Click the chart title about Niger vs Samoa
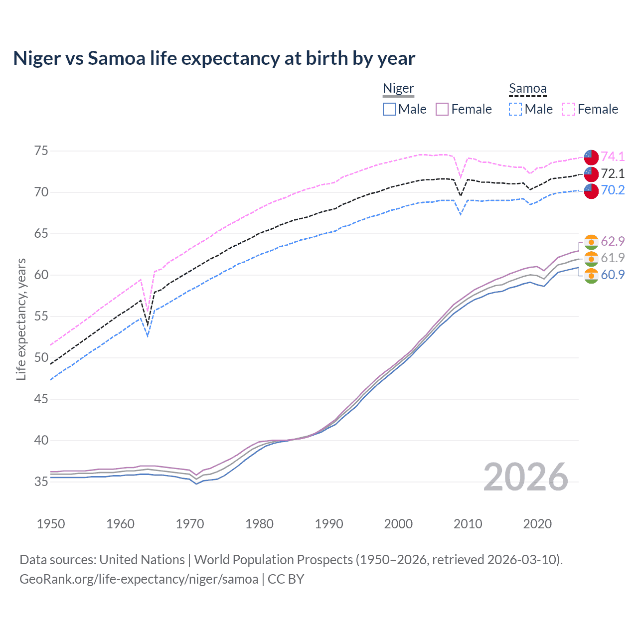(x=214, y=58)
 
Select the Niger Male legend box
(x=389, y=109)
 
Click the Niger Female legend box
(x=442, y=109)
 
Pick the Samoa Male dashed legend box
(x=515, y=109)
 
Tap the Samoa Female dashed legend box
(x=569, y=109)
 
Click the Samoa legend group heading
(x=527, y=88)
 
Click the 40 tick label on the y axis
(x=41, y=440)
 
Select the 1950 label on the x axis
(x=51, y=524)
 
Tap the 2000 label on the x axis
(x=398, y=524)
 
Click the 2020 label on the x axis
(x=537, y=524)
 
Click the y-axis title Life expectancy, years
(x=21, y=319)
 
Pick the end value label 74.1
(x=613, y=157)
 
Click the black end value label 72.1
(x=613, y=173)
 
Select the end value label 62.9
(x=613, y=241)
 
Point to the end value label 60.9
(x=613, y=275)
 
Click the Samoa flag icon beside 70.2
(x=591, y=190)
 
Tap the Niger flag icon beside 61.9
(x=591, y=258)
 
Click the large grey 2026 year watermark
(x=525, y=477)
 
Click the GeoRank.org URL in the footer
(x=139, y=579)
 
